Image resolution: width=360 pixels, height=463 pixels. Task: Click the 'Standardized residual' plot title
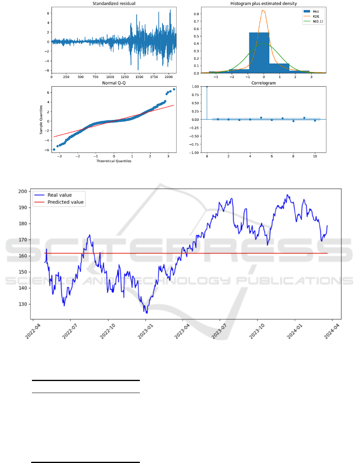tap(114, 4)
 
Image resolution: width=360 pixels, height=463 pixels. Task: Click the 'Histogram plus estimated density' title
tap(264, 4)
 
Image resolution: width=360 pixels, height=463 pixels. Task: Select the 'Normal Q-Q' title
tap(114, 83)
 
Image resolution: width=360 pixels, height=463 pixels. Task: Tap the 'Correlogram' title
tap(264, 83)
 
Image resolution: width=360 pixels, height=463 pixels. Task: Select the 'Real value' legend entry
tap(53, 195)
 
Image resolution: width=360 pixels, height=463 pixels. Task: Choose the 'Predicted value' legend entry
tap(59, 202)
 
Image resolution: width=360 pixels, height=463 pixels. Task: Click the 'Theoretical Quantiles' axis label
tap(114, 161)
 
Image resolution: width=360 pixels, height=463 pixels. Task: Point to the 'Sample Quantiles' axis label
tap(41, 120)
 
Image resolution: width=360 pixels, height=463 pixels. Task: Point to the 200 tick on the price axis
tap(23, 192)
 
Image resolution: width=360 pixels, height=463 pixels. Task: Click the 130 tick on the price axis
tap(23, 304)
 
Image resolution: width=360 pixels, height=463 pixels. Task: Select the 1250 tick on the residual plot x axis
tap(125, 77)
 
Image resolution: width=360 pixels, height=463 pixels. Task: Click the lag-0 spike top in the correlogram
tap(207, 86)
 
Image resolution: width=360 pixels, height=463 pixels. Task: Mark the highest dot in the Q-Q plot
tap(174, 89)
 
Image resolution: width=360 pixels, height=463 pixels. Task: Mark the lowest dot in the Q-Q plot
tap(54, 150)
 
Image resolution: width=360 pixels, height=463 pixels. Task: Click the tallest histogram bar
tap(259, 53)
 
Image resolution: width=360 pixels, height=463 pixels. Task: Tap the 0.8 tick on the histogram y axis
tap(196, 14)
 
